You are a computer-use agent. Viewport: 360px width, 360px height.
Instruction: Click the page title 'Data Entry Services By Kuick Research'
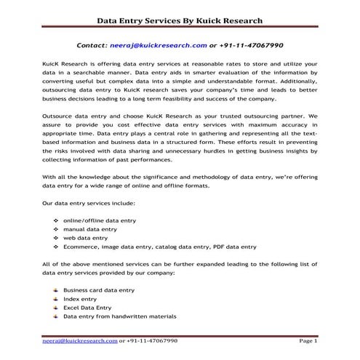coord(180,20)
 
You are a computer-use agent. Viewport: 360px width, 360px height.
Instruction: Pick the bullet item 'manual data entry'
coord(89,228)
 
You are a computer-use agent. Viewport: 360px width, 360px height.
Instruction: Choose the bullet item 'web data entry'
coord(86,238)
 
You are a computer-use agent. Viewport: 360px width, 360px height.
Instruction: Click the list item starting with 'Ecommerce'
coord(160,247)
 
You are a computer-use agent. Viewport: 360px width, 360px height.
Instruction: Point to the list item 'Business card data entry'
coord(99,290)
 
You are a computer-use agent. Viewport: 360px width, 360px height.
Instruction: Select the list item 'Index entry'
coord(80,299)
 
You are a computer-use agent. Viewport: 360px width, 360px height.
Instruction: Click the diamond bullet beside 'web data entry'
coord(56,238)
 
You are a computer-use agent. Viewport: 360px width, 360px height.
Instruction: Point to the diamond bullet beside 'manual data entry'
coord(56,228)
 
